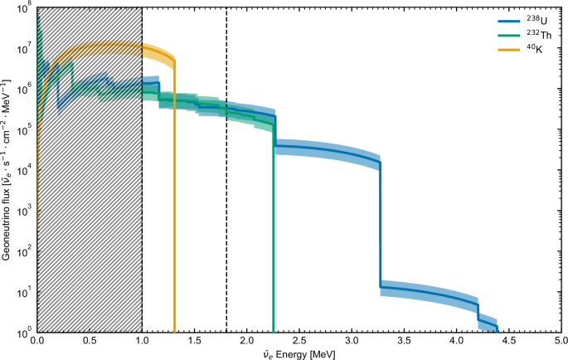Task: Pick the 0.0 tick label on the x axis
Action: [37, 341]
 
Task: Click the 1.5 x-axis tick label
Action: [195, 341]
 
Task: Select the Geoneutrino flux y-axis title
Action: [7, 169]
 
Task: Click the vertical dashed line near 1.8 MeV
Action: [226, 207]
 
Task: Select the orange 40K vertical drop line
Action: [174, 207]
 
